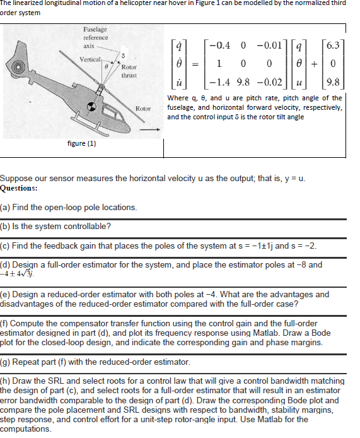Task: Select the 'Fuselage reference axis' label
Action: (95, 37)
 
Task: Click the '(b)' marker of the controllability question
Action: (6, 226)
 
